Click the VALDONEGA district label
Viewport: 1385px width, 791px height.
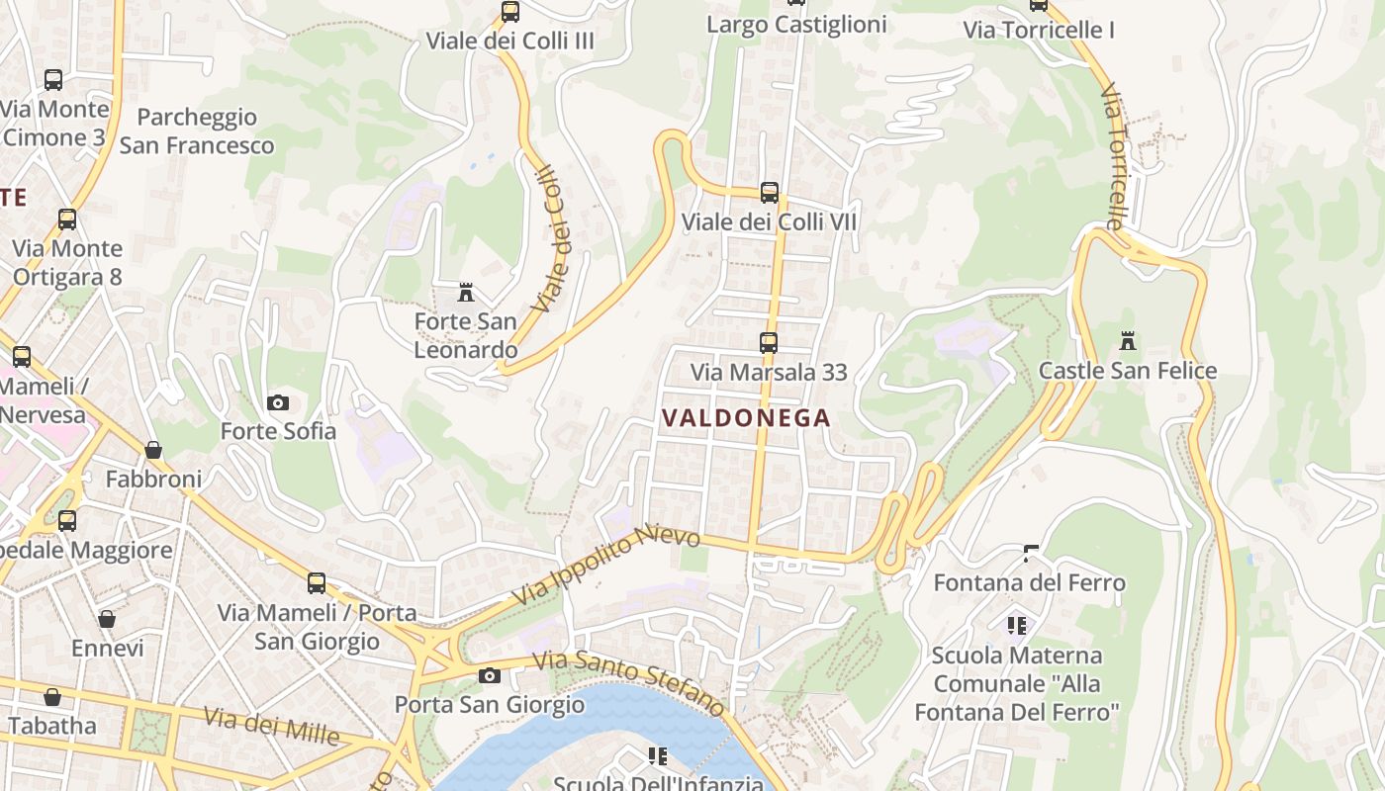coord(746,418)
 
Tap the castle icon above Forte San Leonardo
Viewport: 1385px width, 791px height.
coord(466,292)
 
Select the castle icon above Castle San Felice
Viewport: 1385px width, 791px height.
coord(1127,342)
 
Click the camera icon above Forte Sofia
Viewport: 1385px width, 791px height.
coord(278,402)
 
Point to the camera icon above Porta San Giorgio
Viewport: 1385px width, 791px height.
coord(489,676)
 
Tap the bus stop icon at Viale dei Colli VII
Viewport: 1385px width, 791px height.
coord(770,193)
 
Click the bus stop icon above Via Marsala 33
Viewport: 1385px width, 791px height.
coord(769,343)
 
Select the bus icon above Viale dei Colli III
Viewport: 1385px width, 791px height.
coord(510,12)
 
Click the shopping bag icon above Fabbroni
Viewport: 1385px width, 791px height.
coord(153,450)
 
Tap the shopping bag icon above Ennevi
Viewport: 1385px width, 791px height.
coord(107,619)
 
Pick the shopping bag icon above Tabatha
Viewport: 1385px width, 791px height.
coord(52,697)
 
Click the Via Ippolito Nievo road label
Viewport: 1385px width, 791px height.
coord(606,567)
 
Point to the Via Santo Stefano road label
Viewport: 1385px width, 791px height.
coord(628,681)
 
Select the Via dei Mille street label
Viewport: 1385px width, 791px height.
coord(271,726)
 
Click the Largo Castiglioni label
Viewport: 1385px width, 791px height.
coord(796,25)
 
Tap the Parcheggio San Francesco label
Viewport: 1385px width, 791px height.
coord(197,132)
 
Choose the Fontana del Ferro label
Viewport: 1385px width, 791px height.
coord(1029,583)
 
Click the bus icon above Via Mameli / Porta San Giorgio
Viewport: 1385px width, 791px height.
coord(317,583)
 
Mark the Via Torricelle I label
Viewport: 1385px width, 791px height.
coord(1039,31)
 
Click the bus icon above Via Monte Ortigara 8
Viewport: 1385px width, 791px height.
coord(67,220)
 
